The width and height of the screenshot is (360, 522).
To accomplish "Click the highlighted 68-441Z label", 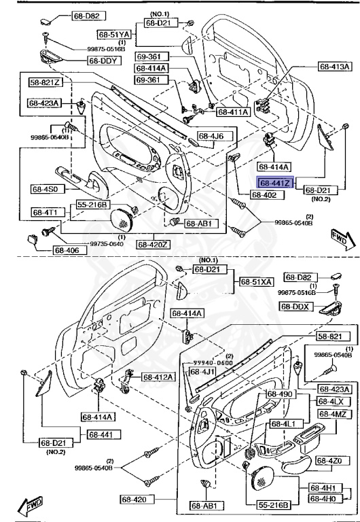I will pos(275,183).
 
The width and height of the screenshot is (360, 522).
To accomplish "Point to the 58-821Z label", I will pos(45,82).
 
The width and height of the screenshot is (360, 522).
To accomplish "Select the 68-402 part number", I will pos(266,195).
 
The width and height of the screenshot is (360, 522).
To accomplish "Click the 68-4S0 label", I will pos(46,190).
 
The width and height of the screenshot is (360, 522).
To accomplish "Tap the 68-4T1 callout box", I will pos(46,212).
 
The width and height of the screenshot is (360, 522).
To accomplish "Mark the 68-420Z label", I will pos(156,244).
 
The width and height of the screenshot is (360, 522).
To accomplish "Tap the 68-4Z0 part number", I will pos(334,461).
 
